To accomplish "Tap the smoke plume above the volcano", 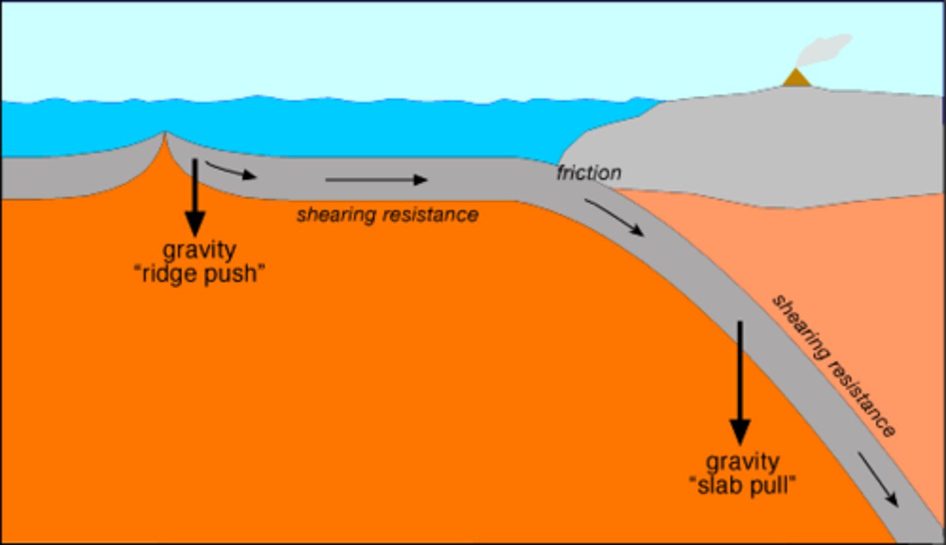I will tap(824, 51).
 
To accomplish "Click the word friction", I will tap(589, 173).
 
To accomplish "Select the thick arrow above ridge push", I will tap(195, 197).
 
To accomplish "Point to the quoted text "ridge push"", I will tap(199, 273).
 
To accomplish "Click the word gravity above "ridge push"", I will tap(199, 250).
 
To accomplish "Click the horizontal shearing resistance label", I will tap(388, 215).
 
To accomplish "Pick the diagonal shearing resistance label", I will tap(833, 366).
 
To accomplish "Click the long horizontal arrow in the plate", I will tap(376, 179).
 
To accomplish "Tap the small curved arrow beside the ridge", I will tap(230, 170).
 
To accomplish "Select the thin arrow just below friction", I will tap(614, 218).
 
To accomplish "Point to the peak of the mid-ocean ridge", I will tap(164, 133).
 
